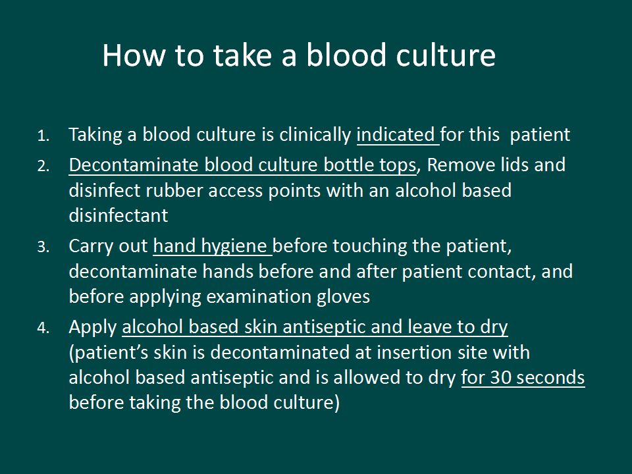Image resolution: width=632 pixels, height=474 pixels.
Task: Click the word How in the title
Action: click(134, 55)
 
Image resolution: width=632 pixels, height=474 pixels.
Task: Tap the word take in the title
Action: click(242, 55)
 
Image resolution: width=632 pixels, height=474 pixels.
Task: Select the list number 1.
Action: click(43, 136)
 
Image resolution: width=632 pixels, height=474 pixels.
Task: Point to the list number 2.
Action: click(43, 166)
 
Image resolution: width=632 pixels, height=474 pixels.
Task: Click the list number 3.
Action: click(43, 247)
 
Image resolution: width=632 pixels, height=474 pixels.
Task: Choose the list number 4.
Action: click(43, 328)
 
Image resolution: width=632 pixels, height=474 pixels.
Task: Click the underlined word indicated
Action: click(396, 134)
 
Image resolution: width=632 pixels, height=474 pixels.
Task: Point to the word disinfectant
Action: click(118, 216)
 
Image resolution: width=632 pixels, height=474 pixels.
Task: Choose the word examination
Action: click(258, 297)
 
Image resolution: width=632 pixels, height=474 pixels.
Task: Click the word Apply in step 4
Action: click(93, 328)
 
